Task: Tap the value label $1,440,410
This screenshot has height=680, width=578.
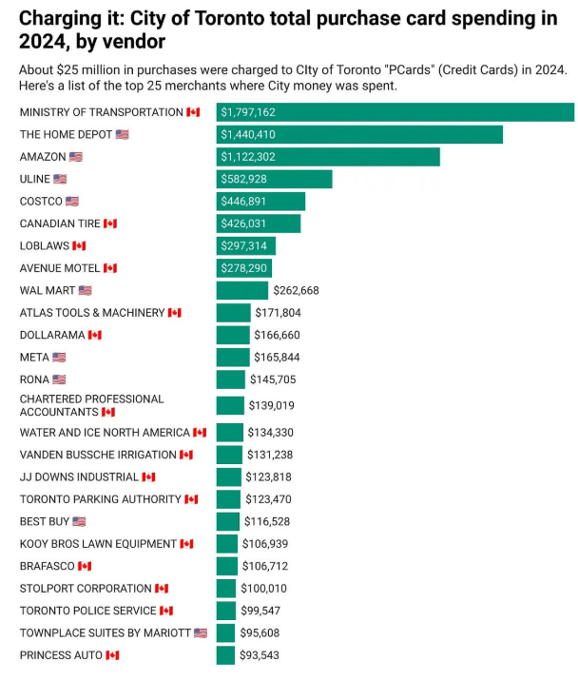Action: coord(248,135)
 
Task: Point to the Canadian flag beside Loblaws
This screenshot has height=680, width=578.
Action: coord(79,245)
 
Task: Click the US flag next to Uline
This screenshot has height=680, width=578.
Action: coord(60,179)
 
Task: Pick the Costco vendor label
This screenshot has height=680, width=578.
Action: coord(41,202)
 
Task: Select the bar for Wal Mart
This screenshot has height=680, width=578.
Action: coord(242,290)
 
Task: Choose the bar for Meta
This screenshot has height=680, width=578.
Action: coord(233,357)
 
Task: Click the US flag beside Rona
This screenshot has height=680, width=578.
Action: coord(59,379)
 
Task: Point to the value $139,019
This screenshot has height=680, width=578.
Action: coord(272,405)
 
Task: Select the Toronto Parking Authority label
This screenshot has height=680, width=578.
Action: coord(100,499)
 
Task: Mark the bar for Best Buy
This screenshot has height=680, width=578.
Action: coord(228,521)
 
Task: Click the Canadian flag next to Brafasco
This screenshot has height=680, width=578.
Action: coord(85,566)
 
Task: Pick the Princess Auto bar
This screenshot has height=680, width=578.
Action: coord(225,655)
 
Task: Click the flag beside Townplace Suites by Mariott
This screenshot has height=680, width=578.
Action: coord(200,632)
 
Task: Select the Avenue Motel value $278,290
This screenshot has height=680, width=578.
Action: coord(244,268)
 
